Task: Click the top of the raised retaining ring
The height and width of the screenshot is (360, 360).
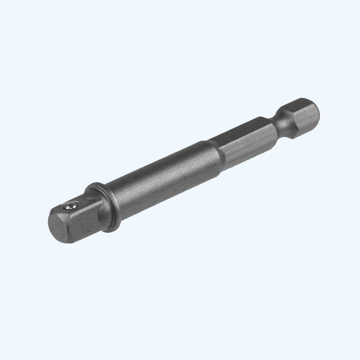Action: (x=94, y=186)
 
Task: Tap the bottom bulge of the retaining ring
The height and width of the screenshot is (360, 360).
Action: (x=116, y=228)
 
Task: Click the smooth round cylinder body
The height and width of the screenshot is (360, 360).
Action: (x=160, y=176)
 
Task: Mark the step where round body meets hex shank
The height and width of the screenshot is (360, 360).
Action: (x=214, y=150)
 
